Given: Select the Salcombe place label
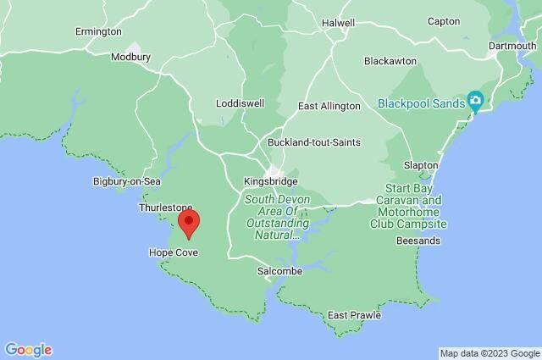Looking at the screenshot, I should [279, 271].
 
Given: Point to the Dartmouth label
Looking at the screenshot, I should [512, 46].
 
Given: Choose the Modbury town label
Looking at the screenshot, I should [130, 58].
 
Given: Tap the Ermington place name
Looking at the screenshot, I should [98, 31].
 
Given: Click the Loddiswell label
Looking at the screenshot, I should [240, 103].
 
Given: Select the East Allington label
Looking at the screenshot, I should [330, 107].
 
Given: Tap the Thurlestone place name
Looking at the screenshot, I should [166, 208].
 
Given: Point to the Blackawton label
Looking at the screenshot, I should [390, 62].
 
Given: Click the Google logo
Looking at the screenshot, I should [28, 349].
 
